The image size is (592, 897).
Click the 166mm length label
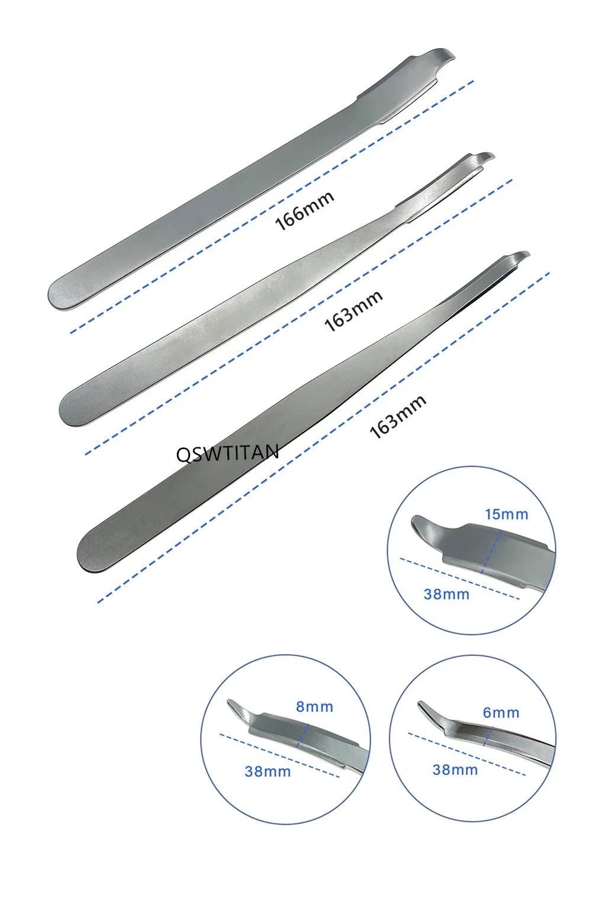tap(305, 211)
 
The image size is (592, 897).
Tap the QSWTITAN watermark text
tap(227, 453)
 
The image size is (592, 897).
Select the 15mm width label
tap(506, 514)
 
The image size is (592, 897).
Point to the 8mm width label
tap(314, 707)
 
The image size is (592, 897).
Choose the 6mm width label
tap(501, 712)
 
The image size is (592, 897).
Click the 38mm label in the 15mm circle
tap(446, 594)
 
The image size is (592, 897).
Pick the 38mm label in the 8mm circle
tap(268, 771)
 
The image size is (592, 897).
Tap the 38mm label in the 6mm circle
tap(455, 769)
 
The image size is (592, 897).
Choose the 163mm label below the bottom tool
tap(398, 417)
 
